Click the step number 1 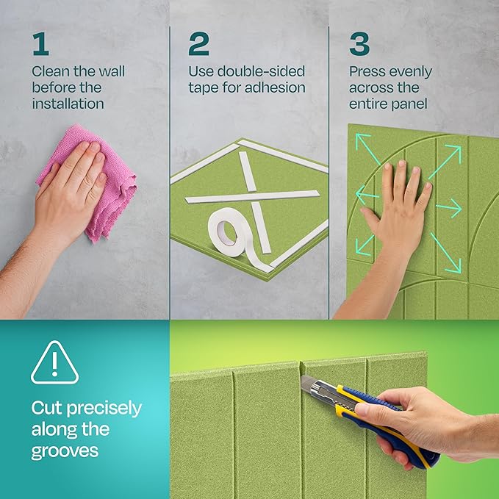(x=40, y=44)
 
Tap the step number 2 (x=198, y=44)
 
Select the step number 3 (x=359, y=44)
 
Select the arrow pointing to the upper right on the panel (x=449, y=158)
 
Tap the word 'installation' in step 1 (x=68, y=104)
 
